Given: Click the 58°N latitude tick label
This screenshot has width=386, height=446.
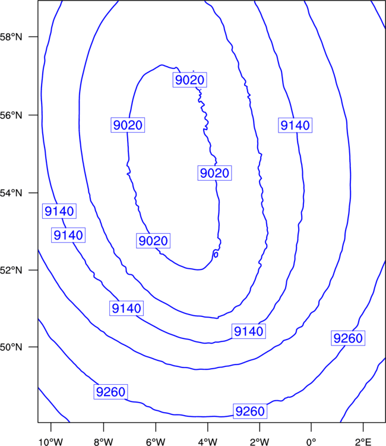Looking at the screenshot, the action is click(x=11, y=37).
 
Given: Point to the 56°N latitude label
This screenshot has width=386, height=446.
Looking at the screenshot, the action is click(x=11, y=115).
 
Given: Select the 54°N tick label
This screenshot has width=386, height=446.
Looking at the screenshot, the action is click(x=11, y=193).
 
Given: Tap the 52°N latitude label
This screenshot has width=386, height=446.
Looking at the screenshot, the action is click(x=11, y=270).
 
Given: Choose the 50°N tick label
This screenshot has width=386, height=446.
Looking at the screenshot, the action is click(x=11, y=347).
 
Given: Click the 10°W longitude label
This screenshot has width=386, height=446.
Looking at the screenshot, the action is click(x=51, y=442).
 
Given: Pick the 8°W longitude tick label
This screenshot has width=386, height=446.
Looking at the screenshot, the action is click(x=103, y=442).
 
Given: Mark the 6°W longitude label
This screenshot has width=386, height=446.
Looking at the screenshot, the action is click(x=156, y=442).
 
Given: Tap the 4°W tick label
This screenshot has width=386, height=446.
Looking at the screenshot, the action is click(x=208, y=442).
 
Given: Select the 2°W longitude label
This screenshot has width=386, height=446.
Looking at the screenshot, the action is click(x=260, y=442).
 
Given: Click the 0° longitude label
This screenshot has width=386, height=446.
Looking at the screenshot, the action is click(x=311, y=442).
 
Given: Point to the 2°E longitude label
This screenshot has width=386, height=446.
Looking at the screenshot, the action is click(x=363, y=442).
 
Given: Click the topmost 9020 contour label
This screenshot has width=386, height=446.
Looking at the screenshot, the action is click(x=189, y=80).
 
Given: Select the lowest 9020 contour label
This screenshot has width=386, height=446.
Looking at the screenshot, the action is click(x=153, y=241).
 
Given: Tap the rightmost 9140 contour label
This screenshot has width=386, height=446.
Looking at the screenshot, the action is click(x=295, y=125).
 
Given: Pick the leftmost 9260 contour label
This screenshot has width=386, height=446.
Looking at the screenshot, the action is click(x=111, y=392).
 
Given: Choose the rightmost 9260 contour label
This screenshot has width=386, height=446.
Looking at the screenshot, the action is click(x=348, y=338).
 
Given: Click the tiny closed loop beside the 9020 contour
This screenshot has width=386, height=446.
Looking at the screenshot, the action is click(x=216, y=255).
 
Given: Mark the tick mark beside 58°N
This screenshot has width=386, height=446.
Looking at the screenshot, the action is click(x=33, y=37).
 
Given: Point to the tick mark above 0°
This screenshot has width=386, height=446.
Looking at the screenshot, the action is click(x=311, y=427).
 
